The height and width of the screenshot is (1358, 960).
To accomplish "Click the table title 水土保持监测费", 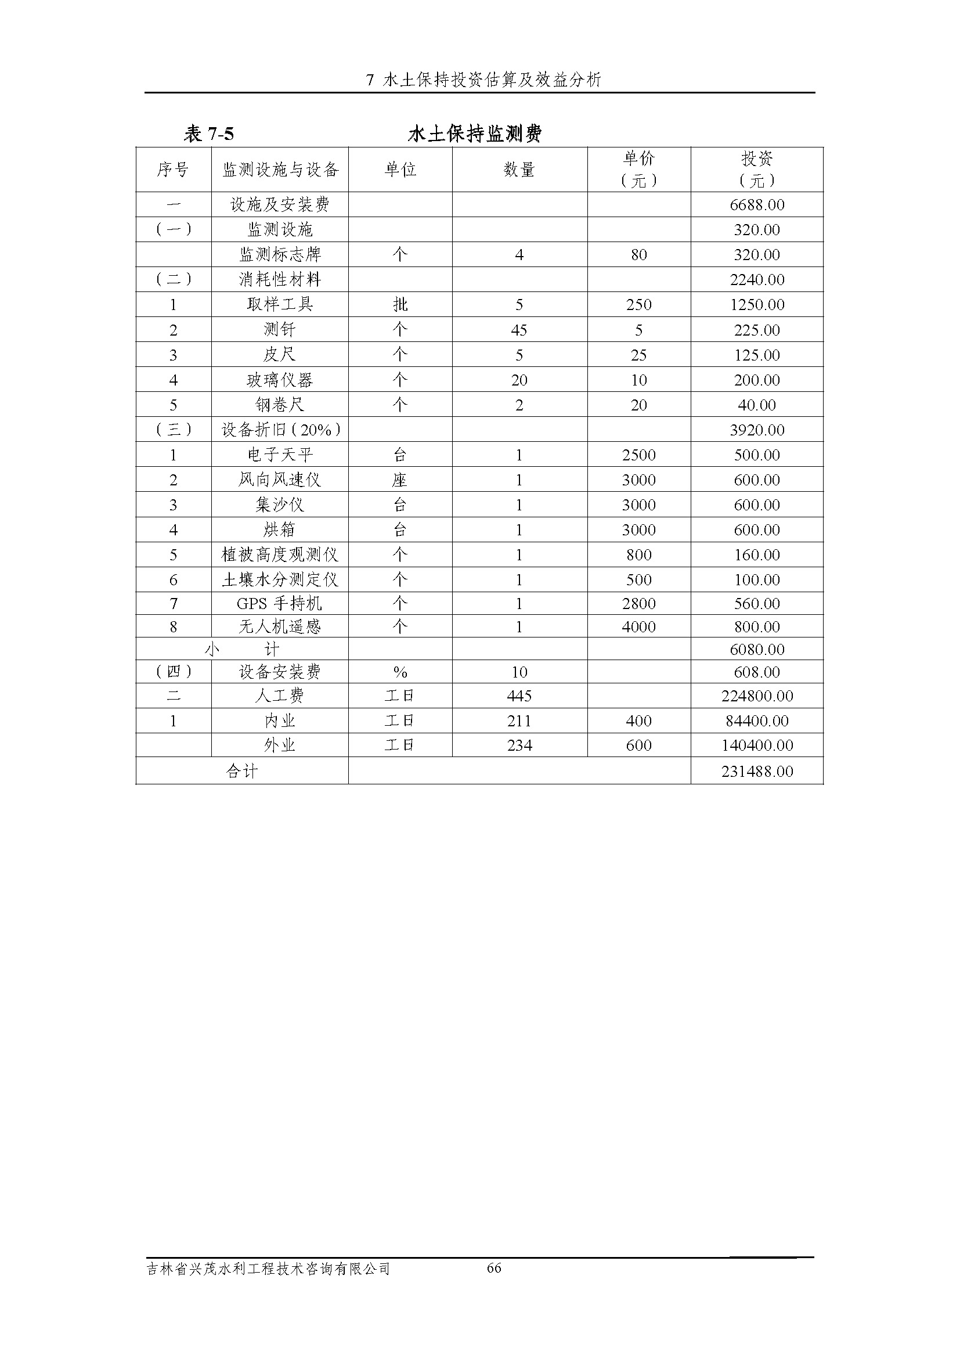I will pyautogui.click(x=475, y=134).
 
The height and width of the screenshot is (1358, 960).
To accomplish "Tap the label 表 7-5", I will pyautogui.click(x=209, y=134).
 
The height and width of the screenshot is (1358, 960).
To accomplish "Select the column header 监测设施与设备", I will pyautogui.click(x=280, y=170).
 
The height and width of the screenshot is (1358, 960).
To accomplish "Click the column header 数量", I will pyautogui.click(x=519, y=170).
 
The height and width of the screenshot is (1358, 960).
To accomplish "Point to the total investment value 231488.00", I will pyautogui.click(x=757, y=771).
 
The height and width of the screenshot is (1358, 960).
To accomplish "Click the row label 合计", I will pyautogui.click(x=242, y=771).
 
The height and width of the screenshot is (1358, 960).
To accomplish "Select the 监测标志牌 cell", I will pyautogui.click(x=280, y=255).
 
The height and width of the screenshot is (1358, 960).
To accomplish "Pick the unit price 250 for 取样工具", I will pyautogui.click(x=638, y=305).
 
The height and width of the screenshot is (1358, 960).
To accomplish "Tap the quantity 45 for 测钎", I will pyautogui.click(x=519, y=330).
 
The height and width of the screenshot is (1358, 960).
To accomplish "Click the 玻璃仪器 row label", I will pyautogui.click(x=280, y=380).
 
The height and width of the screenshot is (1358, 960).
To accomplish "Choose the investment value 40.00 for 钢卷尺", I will pyautogui.click(x=757, y=405).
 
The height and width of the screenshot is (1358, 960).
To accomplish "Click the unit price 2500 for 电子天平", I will pyautogui.click(x=638, y=455).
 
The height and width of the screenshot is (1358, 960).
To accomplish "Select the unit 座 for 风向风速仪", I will pyautogui.click(x=400, y=480).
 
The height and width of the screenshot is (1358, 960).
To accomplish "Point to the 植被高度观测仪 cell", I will pyautogui.click(x=280, y=555).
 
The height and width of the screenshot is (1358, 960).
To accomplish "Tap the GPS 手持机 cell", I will pyautogui.click(x=280, y=604).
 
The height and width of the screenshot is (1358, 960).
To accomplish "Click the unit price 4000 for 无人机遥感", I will pyautogui.click(x=638, y=627).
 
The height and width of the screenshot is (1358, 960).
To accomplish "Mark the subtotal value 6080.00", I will pyautogui.click(x=757, y=650).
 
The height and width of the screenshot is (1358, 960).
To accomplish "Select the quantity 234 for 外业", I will pyautogui.click(x=519, y=745).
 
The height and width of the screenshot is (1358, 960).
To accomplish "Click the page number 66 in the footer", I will pyautogui.click(x=494, y=1267).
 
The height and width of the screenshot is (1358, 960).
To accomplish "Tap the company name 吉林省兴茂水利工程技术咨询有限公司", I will pyautogui.click(x=268, y=1269).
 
